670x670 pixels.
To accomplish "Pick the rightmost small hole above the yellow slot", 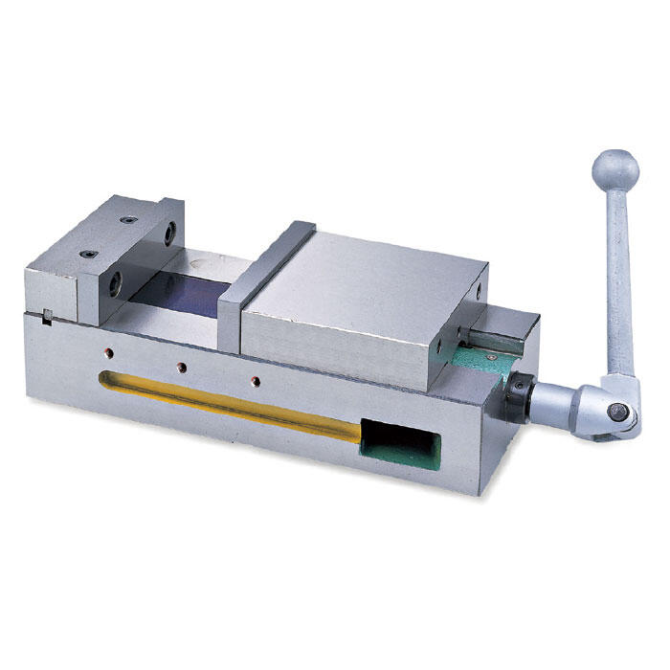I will [x=255, y=380].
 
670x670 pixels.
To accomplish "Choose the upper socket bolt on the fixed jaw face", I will [x=169, y=233].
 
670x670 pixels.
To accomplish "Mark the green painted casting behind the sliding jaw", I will [x=474, y=362].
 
